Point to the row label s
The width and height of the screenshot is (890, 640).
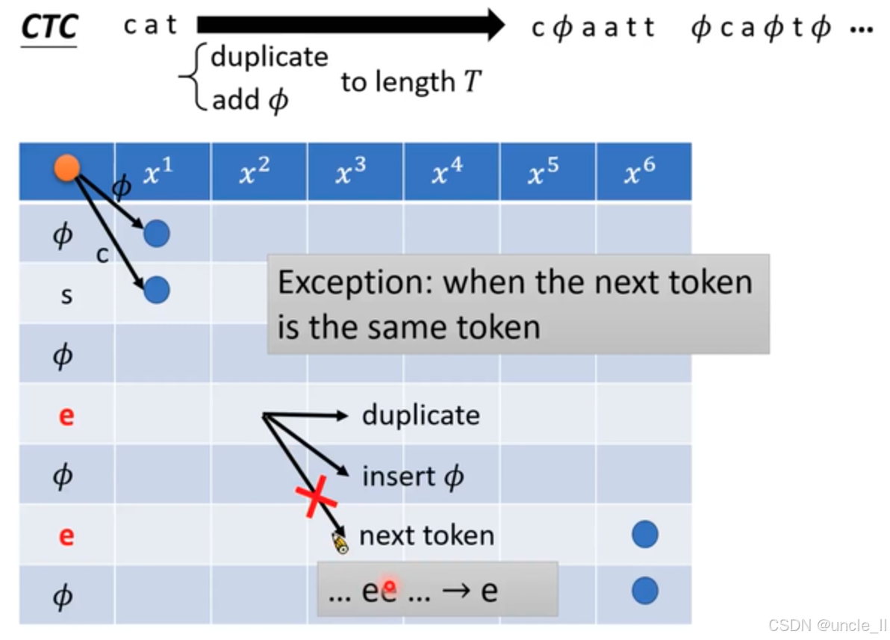[66, 295]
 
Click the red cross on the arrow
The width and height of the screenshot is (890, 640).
[317, 496]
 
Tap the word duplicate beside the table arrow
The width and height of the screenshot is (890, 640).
[420, 415]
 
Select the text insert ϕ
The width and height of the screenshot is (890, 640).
[413, 476]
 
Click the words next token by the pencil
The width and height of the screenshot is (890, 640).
[426, 535]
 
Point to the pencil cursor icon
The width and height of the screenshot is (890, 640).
[340, 543]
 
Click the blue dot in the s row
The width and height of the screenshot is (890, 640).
[156, 290]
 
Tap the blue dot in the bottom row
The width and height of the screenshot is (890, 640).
[644, 591]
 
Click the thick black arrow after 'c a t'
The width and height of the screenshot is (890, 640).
[351, 25]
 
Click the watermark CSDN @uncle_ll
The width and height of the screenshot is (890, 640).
[827, 625]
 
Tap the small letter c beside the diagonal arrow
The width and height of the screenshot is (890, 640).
[102, 255]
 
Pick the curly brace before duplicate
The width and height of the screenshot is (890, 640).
[193, 78]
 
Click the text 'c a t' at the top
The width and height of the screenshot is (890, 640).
[150, 25]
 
